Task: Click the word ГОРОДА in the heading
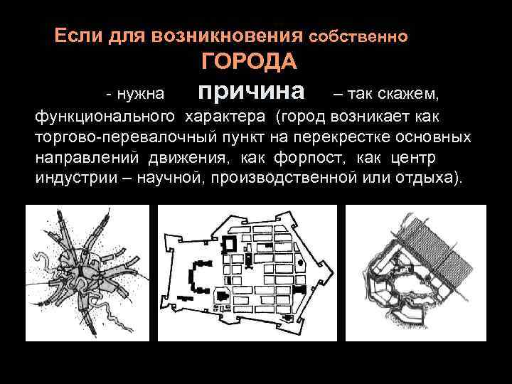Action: [x=250, y=63]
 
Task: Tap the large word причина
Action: [x=251, y=91]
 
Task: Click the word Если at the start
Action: [x=78, y=35]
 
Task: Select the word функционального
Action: [x=105, y=116]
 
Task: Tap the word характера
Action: [x=228, y=116]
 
